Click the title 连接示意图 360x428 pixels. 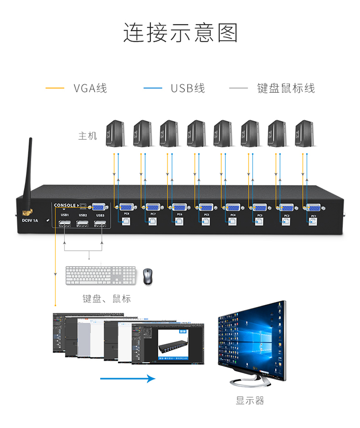tap(180, 33)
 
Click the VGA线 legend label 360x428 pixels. tap(90, 88)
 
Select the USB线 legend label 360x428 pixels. tap(188, 88)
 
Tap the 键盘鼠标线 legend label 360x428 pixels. tap(286, 88)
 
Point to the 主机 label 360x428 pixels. tap(87, 135)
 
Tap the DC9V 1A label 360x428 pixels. tap(31, 220)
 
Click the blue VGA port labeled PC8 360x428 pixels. tap(126, 207)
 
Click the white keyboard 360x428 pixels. tap(101, 276)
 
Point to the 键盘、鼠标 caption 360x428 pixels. tap(106, 298)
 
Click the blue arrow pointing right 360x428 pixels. tap(128, 379)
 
